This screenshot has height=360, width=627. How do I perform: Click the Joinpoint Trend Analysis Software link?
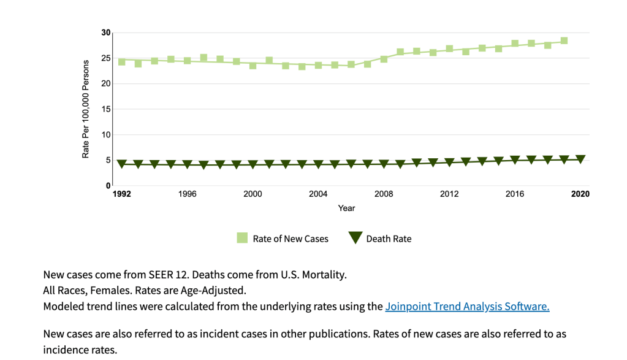point(467,307)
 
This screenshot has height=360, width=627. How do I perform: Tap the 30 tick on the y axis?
point(106,33)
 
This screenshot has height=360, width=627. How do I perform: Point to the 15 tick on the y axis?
point(106,109)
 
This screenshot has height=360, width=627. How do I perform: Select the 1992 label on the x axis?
point(122,194)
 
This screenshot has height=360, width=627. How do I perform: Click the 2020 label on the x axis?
point(580,194)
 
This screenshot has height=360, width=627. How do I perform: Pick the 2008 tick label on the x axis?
point(384,194)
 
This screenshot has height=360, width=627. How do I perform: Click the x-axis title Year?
point(346,208)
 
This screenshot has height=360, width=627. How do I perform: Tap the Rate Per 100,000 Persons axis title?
point(86,109)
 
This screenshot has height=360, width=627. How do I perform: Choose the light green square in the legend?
point(242,238)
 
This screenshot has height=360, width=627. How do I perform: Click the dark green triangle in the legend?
point(354,238)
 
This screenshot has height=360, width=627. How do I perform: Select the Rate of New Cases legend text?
point(291,239)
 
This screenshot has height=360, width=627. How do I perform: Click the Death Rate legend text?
point(389,239)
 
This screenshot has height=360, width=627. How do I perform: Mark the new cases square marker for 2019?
point(564,41)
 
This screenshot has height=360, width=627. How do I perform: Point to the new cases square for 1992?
point(122,61)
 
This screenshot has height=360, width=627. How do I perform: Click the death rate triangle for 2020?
point(580,159)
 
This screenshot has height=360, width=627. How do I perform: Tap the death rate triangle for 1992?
point(122,164)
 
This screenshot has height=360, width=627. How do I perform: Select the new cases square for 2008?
point(384,59)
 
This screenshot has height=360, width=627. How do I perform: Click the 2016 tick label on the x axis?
point(515,194)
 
